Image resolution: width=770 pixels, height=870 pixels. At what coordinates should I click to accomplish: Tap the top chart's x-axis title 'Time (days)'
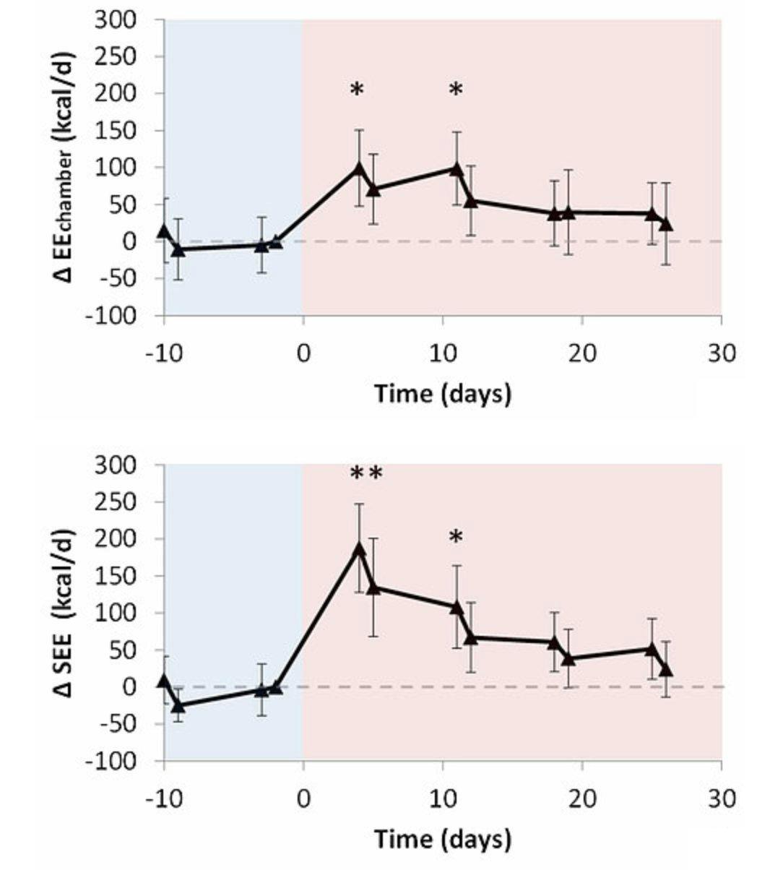pyautogui.click(x=442, y=394)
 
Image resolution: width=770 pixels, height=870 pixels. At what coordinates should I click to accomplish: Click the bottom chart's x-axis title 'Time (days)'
pyautogui.click(x=442, y=839)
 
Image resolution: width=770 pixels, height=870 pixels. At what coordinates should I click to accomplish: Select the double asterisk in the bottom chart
pyautogui.click(x=366, y=474)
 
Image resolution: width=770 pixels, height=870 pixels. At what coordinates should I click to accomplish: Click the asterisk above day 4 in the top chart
pyautogui.click(x=357, y=90)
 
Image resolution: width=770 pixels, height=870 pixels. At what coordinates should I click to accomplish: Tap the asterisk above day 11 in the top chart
pyautogui.click(x=456, y=90)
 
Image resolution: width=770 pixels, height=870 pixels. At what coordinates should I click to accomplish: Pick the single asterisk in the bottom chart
pyautogui.click(x=456, y=537)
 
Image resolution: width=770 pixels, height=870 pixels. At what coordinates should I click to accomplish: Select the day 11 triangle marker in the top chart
pyautogui.click(x=456, y=168)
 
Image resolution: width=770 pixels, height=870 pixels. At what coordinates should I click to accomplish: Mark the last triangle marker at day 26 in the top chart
pyautogui.click(x=665, y=224)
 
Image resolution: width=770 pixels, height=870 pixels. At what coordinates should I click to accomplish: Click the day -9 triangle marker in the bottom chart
pyautogui.click(x=178, y=705)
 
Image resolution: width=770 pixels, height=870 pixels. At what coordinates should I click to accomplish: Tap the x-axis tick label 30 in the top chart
pyautogui.click(x=721, y=353)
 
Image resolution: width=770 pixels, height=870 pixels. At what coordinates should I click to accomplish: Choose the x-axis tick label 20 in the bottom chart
pyautogui.click(x=581, y=798)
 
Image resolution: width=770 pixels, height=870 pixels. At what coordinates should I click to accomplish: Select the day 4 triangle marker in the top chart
pyautogui.click(x=359, y=168)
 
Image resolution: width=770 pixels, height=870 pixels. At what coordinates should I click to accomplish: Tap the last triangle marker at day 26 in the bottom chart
pyautogui.click(x=665, y=669)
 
